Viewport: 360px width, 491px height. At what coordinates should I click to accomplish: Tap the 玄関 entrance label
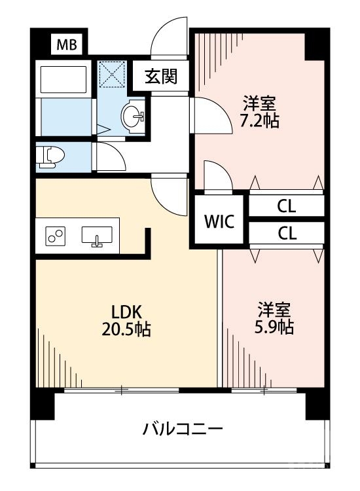161,77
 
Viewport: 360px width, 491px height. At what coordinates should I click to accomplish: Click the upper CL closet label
286,206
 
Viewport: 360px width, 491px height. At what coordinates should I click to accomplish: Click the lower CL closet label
286,233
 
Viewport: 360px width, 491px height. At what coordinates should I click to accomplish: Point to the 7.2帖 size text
261,121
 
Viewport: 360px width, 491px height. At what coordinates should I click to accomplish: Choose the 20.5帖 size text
126,329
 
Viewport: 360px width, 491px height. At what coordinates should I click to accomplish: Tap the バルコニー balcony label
183,429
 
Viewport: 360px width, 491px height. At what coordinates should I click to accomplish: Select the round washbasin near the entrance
135,117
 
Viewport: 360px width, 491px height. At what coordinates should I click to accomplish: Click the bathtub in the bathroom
63,79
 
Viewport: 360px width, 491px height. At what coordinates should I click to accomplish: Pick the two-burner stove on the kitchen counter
55,236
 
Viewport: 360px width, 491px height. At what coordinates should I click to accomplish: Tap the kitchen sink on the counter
97,236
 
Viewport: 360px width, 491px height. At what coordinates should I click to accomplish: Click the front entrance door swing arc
168,39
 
